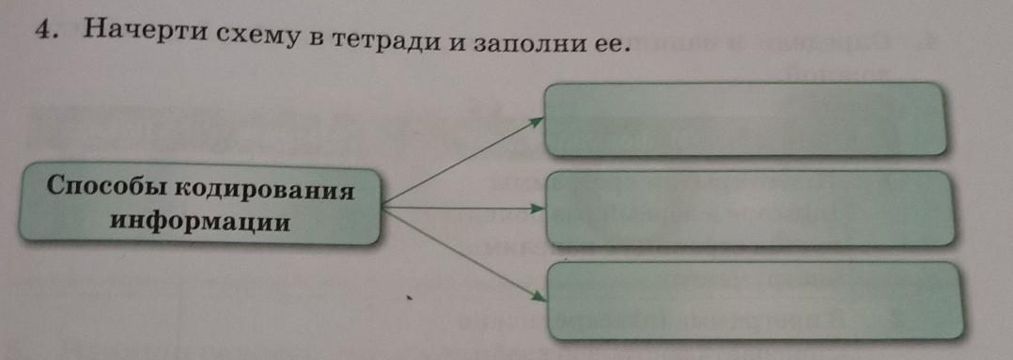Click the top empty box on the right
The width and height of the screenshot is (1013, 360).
(745, 119)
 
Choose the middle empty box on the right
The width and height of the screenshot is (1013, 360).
(750, 208)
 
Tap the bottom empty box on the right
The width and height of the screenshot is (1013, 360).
(754, 301)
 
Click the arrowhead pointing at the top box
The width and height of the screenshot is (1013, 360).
(537, 121)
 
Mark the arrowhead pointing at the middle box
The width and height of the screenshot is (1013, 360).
(538, 209)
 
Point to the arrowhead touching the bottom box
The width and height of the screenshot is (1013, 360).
(538, 296)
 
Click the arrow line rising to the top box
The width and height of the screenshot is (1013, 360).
(462, 163)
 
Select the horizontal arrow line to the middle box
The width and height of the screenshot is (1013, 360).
(463, 208)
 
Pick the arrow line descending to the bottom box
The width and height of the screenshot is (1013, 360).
(464, 255)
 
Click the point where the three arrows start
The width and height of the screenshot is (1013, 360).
(382, 208)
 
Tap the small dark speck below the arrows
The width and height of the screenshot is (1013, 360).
(408, 299)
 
